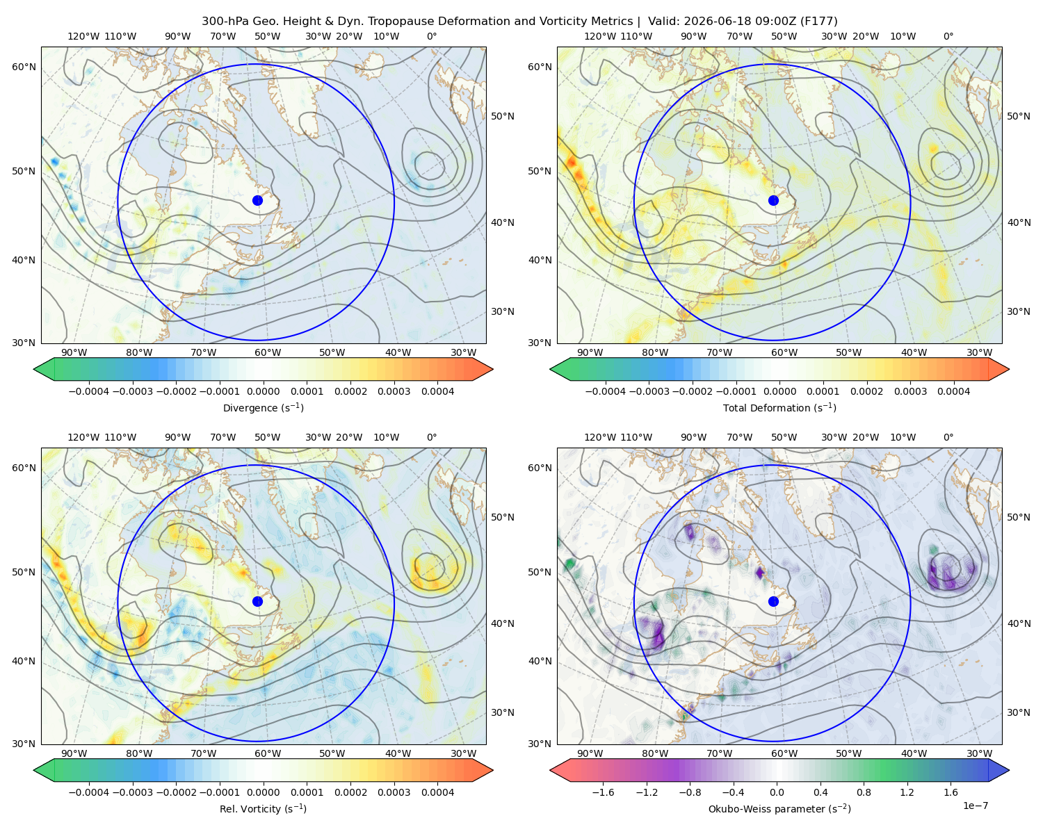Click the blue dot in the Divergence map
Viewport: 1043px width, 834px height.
(x=257, y=200)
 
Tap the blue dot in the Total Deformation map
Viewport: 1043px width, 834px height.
(x=773, y=200)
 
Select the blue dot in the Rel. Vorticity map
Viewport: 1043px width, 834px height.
(x=257, y=601)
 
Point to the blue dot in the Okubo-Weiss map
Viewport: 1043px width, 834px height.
(x=773, y=601)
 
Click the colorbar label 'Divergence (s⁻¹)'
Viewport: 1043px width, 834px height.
(x=263, y=407)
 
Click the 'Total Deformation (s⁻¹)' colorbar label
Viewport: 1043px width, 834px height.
(x=779, y=407)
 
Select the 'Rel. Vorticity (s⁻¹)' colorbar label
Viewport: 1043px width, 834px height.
(x=263, y=809)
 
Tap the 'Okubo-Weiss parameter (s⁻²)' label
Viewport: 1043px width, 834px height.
(x=779, y=809)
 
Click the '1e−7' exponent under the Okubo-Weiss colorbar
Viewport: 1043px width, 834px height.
(x=975, y=806)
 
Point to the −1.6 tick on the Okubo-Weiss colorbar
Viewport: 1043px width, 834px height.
(x=604, y=792)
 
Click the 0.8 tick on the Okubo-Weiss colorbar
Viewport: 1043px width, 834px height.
(x=864, y=792)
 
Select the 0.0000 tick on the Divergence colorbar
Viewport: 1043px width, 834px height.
(x=263, y=391)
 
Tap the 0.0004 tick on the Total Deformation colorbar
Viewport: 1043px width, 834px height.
(x=953, y=391)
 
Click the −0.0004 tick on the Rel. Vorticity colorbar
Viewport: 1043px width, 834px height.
(x=89, y=792)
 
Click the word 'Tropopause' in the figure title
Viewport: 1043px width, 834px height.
(x=403, y=22)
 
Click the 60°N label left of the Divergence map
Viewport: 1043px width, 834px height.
(x=24, y=67)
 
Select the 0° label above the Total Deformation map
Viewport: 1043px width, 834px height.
(x=948, y=36)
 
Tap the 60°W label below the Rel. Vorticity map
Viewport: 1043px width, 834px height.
(x=268, y=753)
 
